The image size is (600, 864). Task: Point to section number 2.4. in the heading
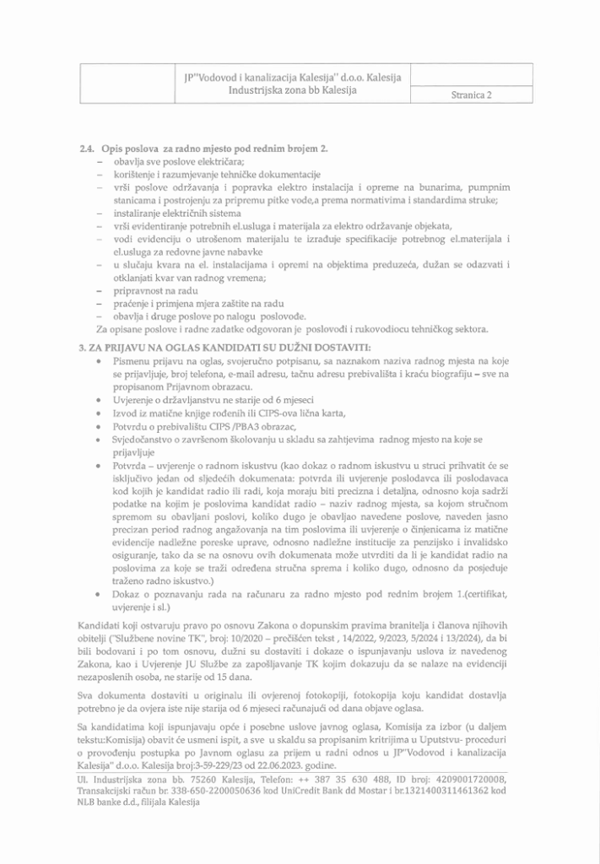click(x=85, y=149)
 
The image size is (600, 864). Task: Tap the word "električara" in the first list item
click(x=198, y=161)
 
